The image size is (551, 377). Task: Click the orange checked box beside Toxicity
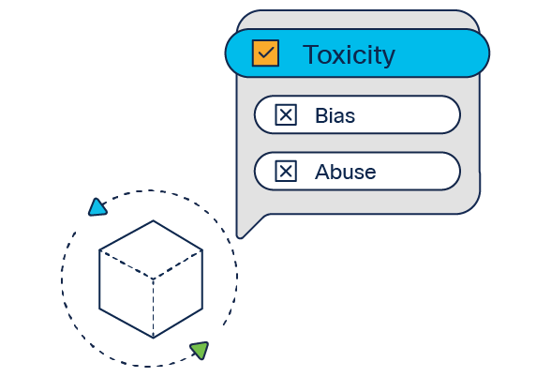pyautogui.click(x=266, y=53)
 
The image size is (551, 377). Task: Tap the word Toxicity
pyautogui.click(x=349, y=54)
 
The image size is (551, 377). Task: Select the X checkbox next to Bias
pyautogui.click(x=286, y=114)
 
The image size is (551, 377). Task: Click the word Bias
pyautogui.click(x=335, y=115)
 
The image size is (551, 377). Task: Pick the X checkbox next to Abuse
pyautogui.click(x=286, y=172)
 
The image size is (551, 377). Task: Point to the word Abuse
pyautogui.click(x=346, y=172)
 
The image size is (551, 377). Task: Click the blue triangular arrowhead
pyautogui.click(x=97, y=207)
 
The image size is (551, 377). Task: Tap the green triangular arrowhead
pyautogui.click(x=201, y=350)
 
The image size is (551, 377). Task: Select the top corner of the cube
pyautogui.click(x=153, y=221)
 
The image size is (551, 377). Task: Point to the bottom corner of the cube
pyautogui.click(x=154, y=338)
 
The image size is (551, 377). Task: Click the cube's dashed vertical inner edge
pyautogui.click(x=154, y=309)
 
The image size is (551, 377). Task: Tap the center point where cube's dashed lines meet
pyautogui.click(x=153, y=279)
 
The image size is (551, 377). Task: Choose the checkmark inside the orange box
pyautogui.click(x=266, y=53)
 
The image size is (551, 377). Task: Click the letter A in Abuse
pyautogui.click(x=323, y=172)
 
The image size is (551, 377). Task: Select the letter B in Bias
pyautogui.click(x=321, y=115)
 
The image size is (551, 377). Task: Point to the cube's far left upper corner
pyautogui.click(x=99, y=250)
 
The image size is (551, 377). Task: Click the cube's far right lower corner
pyautogui.click(x=202, y=309)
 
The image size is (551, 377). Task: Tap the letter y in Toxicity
pyautogui.click(x=388, y=58)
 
